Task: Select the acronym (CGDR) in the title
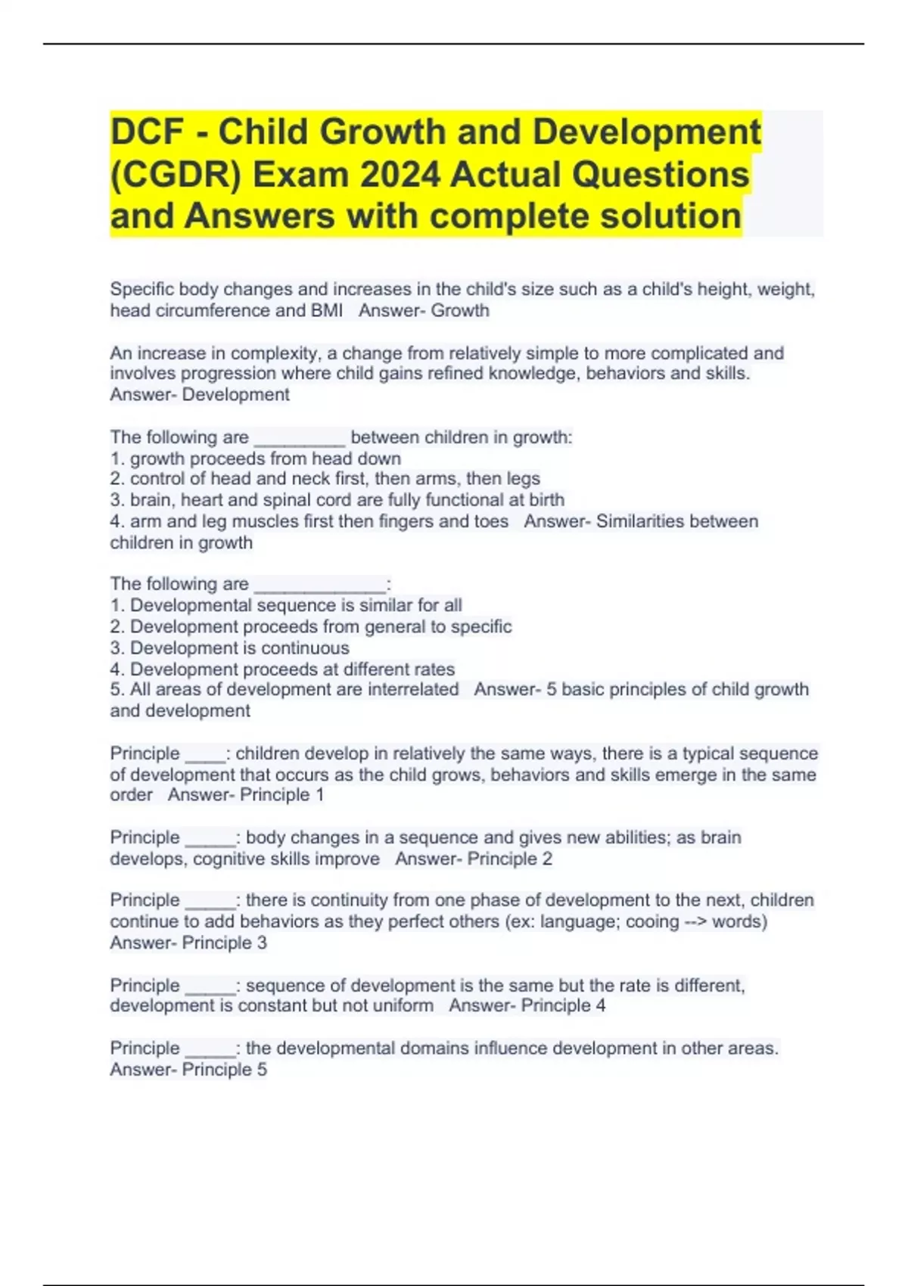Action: click(177, 175)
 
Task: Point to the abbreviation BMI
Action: click(326, 311)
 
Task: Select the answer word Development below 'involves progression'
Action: click(236, 395)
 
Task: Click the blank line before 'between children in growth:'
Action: click(300, 438)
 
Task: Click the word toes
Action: click(489, 521)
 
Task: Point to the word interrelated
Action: click(413, 690)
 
